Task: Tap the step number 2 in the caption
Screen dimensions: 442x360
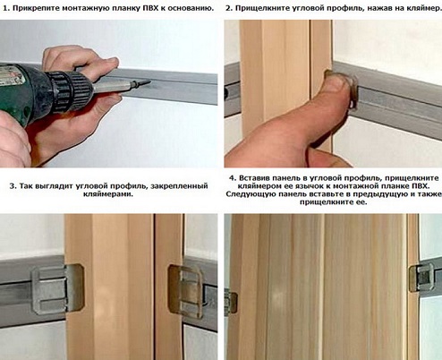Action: click(228, 8)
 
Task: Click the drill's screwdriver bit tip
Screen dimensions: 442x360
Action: click(149, 82)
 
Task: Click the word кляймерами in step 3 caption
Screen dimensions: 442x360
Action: click(107, 194)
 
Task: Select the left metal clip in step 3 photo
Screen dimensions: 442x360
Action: click(57, 288)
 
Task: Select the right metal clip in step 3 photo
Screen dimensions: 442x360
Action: click(186, 290)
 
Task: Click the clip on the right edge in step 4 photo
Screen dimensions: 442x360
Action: click(421, 277)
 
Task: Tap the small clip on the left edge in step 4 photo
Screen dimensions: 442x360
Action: click(231, 302)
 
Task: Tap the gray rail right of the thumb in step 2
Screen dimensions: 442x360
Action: click(396, 96)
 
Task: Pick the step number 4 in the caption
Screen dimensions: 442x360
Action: click(232, 178)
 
